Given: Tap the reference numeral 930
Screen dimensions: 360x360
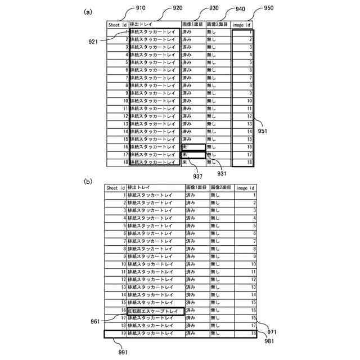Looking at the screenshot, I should pos(213,8).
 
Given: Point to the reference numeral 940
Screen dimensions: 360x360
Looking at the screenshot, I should pos(240,10).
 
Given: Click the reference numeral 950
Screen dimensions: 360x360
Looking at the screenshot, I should pos(269,8).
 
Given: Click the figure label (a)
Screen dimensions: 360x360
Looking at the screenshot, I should pos(88,11).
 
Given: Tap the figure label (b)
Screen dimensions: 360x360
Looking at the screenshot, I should pos(88,182).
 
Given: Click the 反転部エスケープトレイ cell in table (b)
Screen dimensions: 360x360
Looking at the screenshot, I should pos(152,310).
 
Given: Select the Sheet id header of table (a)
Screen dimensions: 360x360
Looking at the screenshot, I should pos(118,25).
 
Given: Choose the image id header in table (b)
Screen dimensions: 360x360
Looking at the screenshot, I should pos(245,188).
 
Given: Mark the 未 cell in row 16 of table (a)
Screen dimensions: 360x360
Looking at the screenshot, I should pos(193,146).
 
